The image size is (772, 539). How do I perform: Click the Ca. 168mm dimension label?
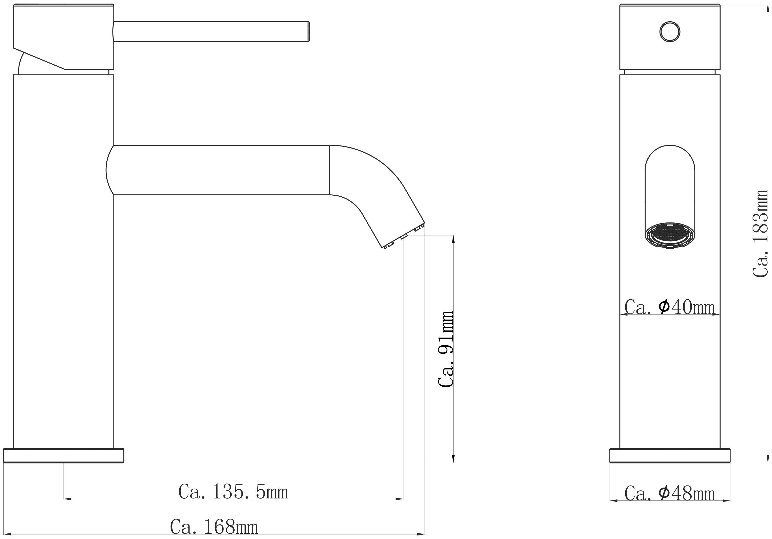(214, 527)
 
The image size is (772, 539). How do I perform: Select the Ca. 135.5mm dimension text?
(233, 492)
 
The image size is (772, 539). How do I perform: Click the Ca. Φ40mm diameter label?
(669, 307)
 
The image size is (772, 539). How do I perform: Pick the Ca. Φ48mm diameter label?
(669, 494)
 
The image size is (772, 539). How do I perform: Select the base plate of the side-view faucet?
(64, 455)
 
